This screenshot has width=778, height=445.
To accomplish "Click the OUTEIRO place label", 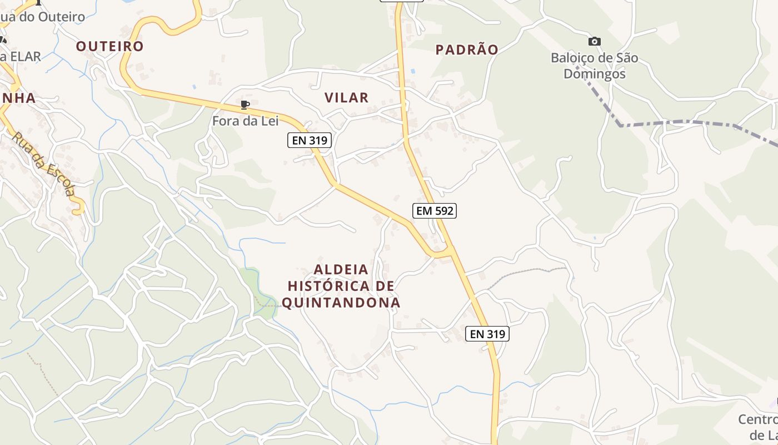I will click(x=110, y=46).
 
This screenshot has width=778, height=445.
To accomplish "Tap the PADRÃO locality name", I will click(x=467, y=50).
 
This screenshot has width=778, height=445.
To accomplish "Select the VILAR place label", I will click(x=346, y=98).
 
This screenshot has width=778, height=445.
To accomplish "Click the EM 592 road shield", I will click(x=435, y=210).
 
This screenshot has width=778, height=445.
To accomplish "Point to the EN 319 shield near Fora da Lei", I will click(x=310, y=140).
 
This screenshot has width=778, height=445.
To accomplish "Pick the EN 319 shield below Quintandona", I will click(x=487, y=334).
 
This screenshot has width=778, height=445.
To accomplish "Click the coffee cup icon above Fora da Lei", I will click(x=245, y=105).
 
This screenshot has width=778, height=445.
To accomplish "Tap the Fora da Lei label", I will click(x=245, y=120).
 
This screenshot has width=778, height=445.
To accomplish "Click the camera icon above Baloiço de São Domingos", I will click(x=594, y=41).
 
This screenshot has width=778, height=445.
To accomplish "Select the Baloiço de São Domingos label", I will click(x=594, y=66).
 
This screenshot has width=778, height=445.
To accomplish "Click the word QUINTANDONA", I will click(x=341, y=303).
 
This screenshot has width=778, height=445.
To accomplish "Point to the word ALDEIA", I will click(x=341, y=270).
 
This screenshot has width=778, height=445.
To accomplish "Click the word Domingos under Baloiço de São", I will click(x=594, y=74).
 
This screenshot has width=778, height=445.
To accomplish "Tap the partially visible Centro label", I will click(x=759, y=419).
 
